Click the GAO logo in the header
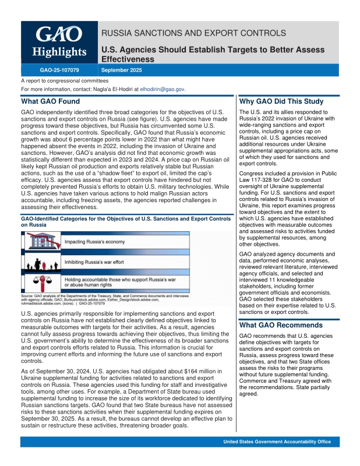click(x=58, y=34)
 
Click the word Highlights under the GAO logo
click(x=58, y=52)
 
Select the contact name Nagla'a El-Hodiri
click(x=106, y=89)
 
